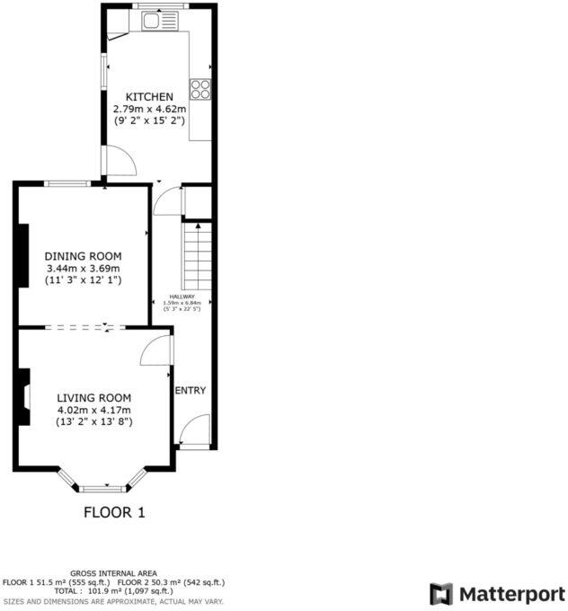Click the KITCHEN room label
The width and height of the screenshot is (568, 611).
coord(149,97)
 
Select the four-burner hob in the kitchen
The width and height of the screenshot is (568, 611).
coord(200,88)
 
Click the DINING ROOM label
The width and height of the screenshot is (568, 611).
coord(83,256)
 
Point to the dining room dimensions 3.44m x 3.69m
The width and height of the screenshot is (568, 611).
coord(83,268)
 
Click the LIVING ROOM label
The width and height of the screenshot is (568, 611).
coord(94,398)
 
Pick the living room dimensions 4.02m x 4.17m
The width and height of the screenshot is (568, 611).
coord(94,410)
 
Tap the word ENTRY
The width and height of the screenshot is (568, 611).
coord(191,390)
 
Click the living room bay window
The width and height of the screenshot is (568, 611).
coord(101,485)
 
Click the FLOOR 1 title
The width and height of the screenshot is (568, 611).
coord(114,513)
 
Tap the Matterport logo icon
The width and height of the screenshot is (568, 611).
coord(441,594)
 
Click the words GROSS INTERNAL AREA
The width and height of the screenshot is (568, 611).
coord(114,573)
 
